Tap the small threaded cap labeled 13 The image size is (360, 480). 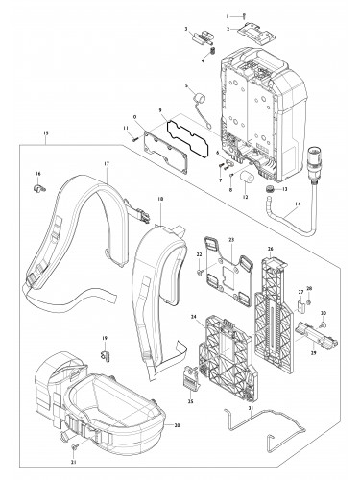(272, 192)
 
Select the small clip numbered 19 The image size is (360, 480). (108, 349)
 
